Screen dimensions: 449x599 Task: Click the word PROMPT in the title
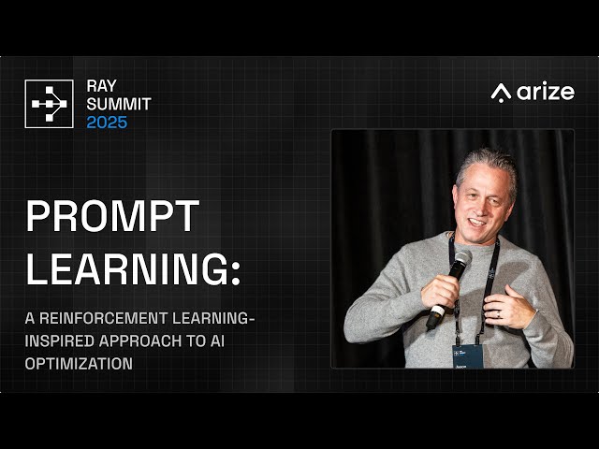pyautogui.click(x=112, y=217)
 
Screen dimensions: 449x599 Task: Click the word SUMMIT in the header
pyautogui.click(x=118, y=104)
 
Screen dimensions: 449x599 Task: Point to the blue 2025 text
pyautogui.click(x=107, y=123)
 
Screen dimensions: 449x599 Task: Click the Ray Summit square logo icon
pyautogui.click(x=49, y=104)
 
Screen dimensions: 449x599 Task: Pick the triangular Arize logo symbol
pyautogui.click(x=502, y=93)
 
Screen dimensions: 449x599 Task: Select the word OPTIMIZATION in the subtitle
pyautogui.click(x=80, y=364)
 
